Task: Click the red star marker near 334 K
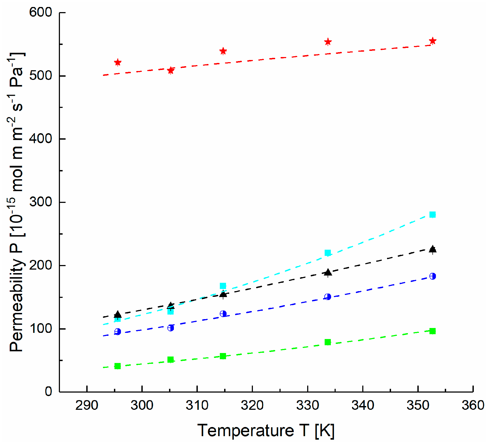click(328, 42)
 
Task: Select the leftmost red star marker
click(117, 62)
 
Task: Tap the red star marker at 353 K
click(432, 41)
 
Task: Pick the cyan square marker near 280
click(432, 214)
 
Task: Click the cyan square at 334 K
click(328, 253)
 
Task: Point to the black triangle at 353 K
click(432, 249)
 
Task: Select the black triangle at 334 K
click(328, 272)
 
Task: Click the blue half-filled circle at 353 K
click(432, 276)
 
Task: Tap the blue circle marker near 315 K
click(223, 314)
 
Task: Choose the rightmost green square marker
click(432, 331)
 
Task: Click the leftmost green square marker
click(117, 366)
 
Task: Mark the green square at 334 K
click(328, 342)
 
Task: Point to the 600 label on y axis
click(41, 12)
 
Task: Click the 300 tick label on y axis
click(41, 202)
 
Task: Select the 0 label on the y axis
click(48, 391)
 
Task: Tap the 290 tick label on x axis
click(87, 405)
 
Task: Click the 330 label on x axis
click(307, 405)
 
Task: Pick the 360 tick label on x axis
click(473, 405)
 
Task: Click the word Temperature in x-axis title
click(246, 430)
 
